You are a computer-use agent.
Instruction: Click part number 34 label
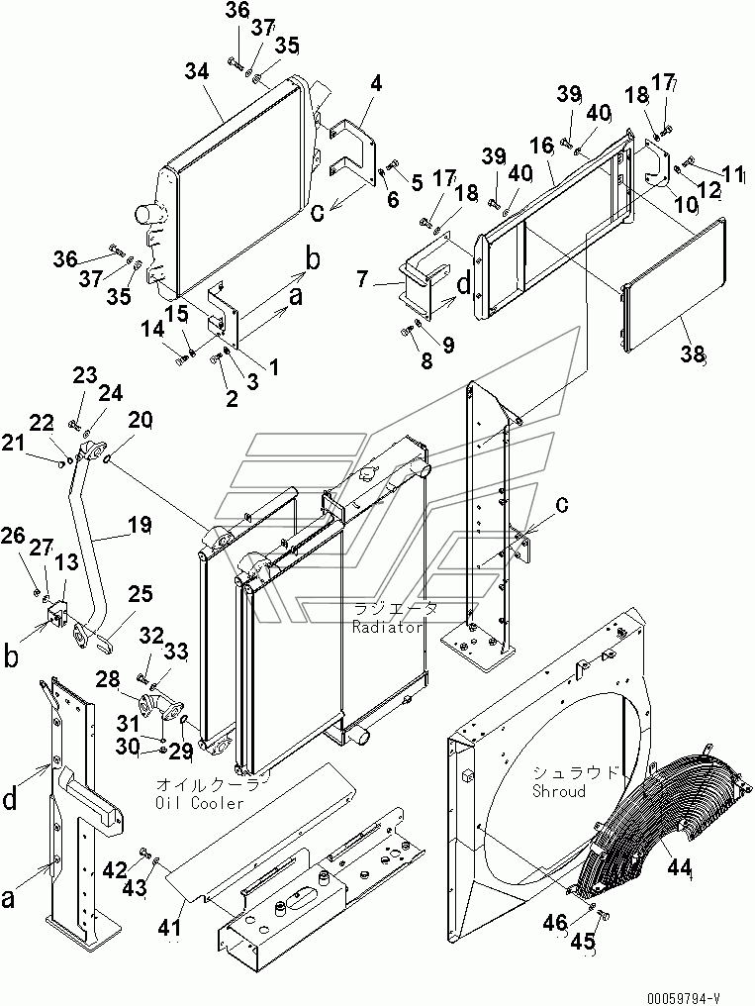[197, 72]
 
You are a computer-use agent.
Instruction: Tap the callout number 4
[376, 83]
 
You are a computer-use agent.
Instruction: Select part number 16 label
[541, 146]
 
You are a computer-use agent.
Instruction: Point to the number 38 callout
[693, 353]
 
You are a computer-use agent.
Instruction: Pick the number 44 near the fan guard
[679, 867]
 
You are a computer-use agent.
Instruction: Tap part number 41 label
[170, 927]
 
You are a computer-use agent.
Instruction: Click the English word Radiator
[388, 627]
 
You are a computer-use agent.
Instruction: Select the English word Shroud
[559, 790]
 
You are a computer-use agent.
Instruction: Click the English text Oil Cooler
[200, 802]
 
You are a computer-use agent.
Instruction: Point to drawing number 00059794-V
[683, 998]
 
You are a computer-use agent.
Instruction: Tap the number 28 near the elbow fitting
[108, 679]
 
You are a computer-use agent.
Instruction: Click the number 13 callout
[66, 562]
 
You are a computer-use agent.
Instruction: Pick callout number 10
[685, 204]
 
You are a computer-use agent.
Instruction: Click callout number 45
[583, 943]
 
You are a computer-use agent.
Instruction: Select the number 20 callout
[140, 420]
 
